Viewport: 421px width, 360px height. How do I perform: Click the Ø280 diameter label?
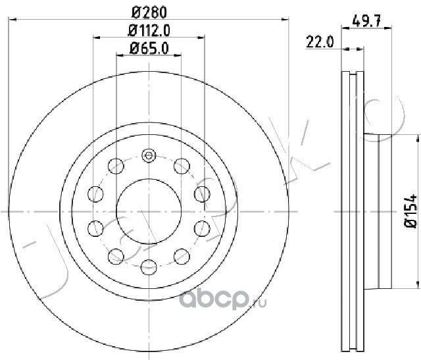(149, 13)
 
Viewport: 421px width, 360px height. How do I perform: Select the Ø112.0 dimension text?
(149, 31)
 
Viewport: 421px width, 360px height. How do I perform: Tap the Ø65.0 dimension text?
(149, 49)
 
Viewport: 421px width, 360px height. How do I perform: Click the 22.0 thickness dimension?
(320, 42)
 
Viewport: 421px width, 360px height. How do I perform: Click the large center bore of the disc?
(149, 211)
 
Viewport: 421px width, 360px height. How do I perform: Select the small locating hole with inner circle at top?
(149, 155)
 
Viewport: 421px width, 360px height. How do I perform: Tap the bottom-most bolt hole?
(149, 267)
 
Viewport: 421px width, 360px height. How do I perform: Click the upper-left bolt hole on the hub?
(116, 166)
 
